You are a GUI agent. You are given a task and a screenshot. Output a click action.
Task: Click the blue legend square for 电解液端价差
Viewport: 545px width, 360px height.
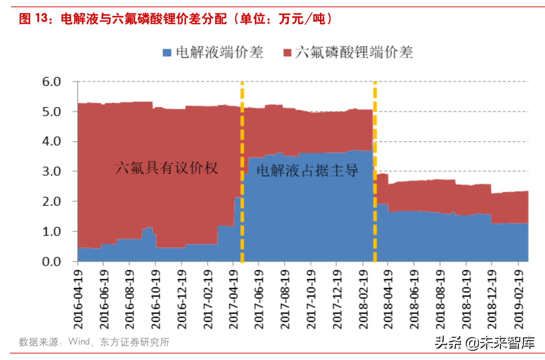tap(167, 53)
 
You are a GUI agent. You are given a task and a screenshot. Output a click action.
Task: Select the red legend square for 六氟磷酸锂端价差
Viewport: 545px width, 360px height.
tap(287, 53)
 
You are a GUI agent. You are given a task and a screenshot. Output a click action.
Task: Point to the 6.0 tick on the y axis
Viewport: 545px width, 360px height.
tap(52, 82)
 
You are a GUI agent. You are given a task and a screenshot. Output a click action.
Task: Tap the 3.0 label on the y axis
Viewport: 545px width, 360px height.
tap(52, 172)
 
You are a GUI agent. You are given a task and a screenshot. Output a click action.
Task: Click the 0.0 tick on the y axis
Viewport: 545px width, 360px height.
tap(52, 262)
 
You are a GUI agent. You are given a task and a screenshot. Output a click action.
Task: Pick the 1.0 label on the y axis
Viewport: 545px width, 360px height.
tap(52, 232)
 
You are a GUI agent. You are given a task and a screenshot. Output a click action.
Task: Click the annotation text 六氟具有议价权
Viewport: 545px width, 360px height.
tap(166, 168)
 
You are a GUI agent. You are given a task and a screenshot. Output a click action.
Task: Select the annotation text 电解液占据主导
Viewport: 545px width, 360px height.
tap(307, 171)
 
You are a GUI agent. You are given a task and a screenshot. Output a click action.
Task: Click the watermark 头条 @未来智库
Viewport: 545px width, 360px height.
tap(485, 342)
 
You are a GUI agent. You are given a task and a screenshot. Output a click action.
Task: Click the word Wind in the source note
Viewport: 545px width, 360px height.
tap(79, 342)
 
